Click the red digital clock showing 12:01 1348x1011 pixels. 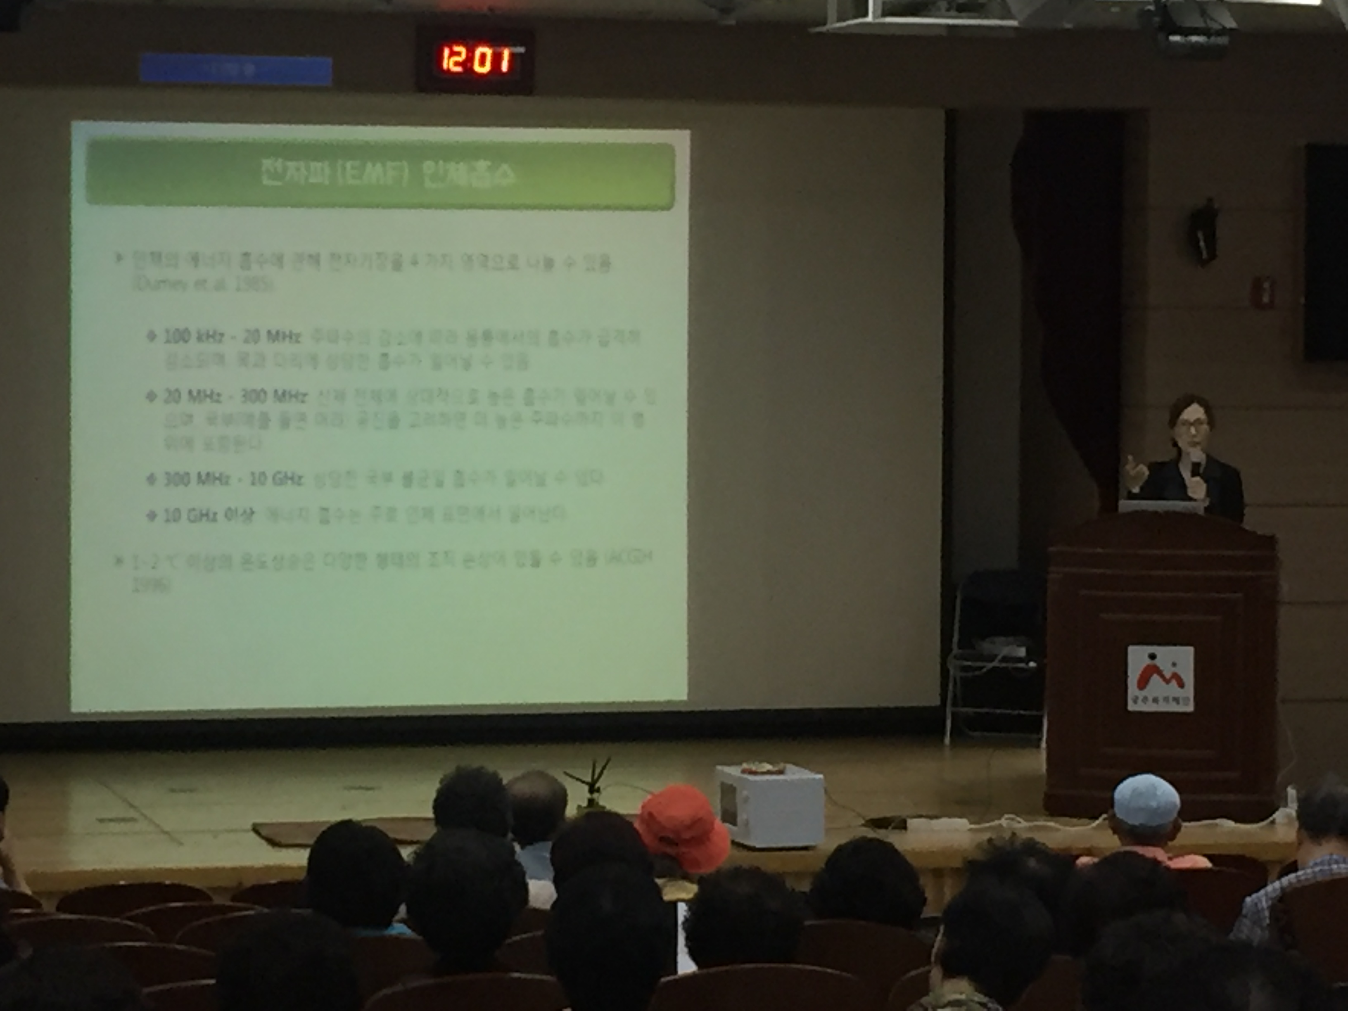pyautogui.click(x=475, y=61)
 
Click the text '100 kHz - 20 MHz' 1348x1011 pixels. pyautogui.click(x=232, y=337)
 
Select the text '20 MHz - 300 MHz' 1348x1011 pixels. pyautogui.click(x=235, y=397)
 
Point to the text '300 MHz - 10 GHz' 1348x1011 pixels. pyautogui.click(x=233, y=479)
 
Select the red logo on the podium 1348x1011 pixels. pyautogui.click(x=1160, y=678)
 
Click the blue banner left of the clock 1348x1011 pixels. pyautogui.click(x=235, y=69)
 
